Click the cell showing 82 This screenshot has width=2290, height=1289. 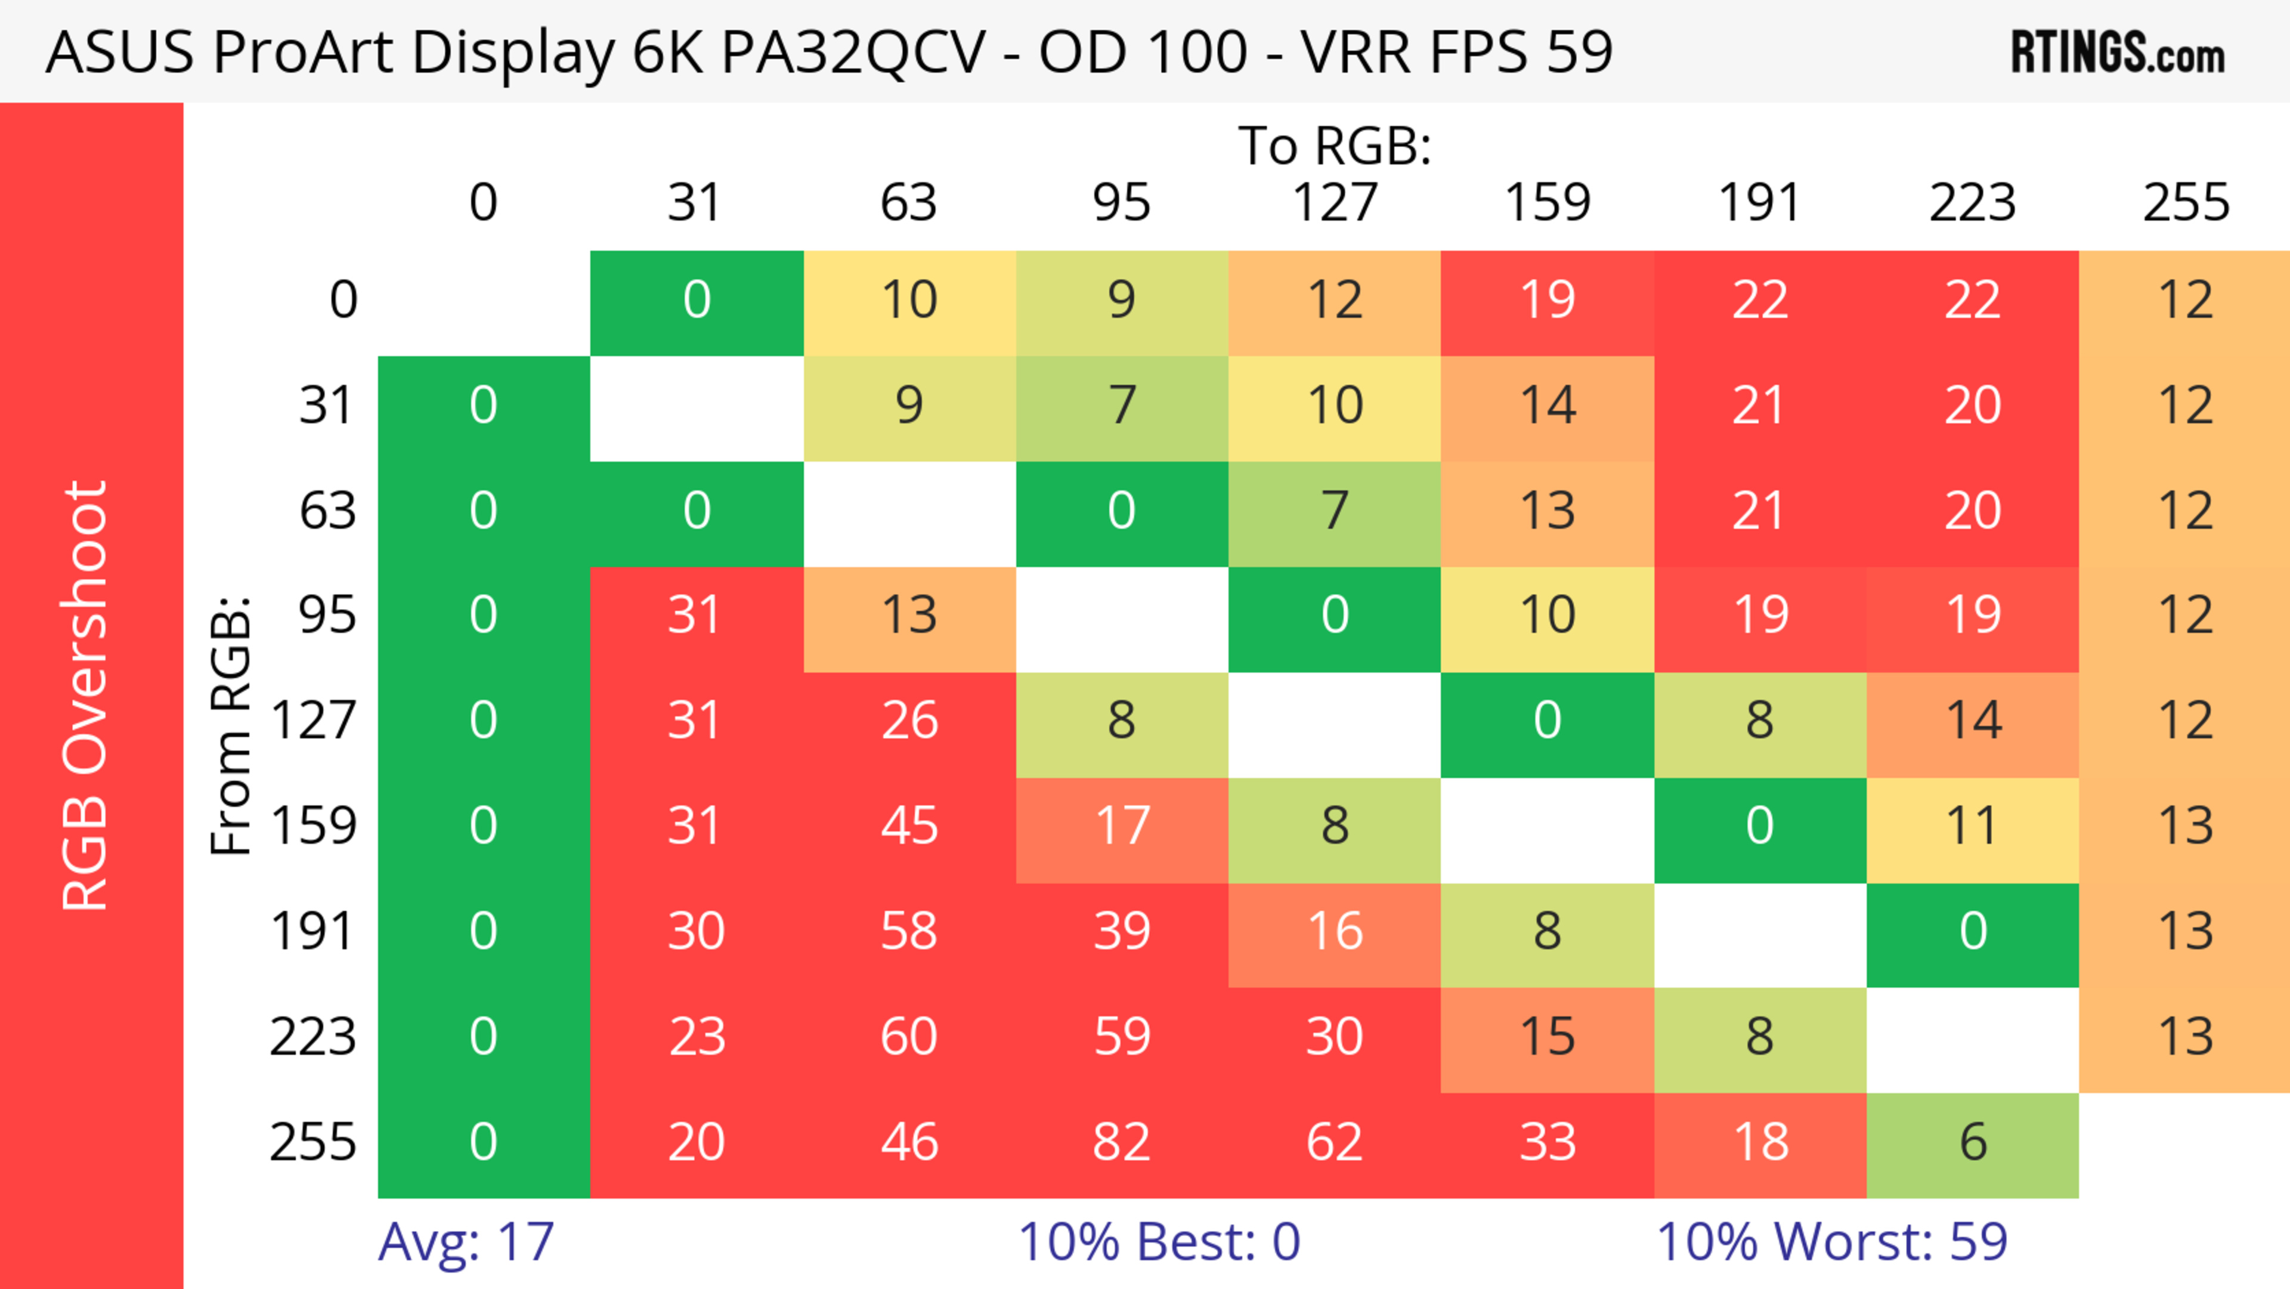coord(1121,1142)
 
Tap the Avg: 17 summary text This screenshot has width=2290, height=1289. coord(466,1242)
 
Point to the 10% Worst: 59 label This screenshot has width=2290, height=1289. coord(1831,1242)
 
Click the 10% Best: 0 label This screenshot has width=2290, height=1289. coord(1158,1242)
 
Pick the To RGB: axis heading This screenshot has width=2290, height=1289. coord(1335,146)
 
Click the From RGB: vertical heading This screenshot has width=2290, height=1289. coord(230,725)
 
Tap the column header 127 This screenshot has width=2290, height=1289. coord(1335,203)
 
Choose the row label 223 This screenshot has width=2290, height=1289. coord(313,1037)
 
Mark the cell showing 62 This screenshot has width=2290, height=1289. coord(1335,1142)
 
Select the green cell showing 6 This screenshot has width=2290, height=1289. coord(1973,1142)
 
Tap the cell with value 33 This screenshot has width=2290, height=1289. coord(1547,1142)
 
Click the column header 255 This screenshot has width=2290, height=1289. coord(2185,203)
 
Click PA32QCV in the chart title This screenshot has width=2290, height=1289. coord(852,51)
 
